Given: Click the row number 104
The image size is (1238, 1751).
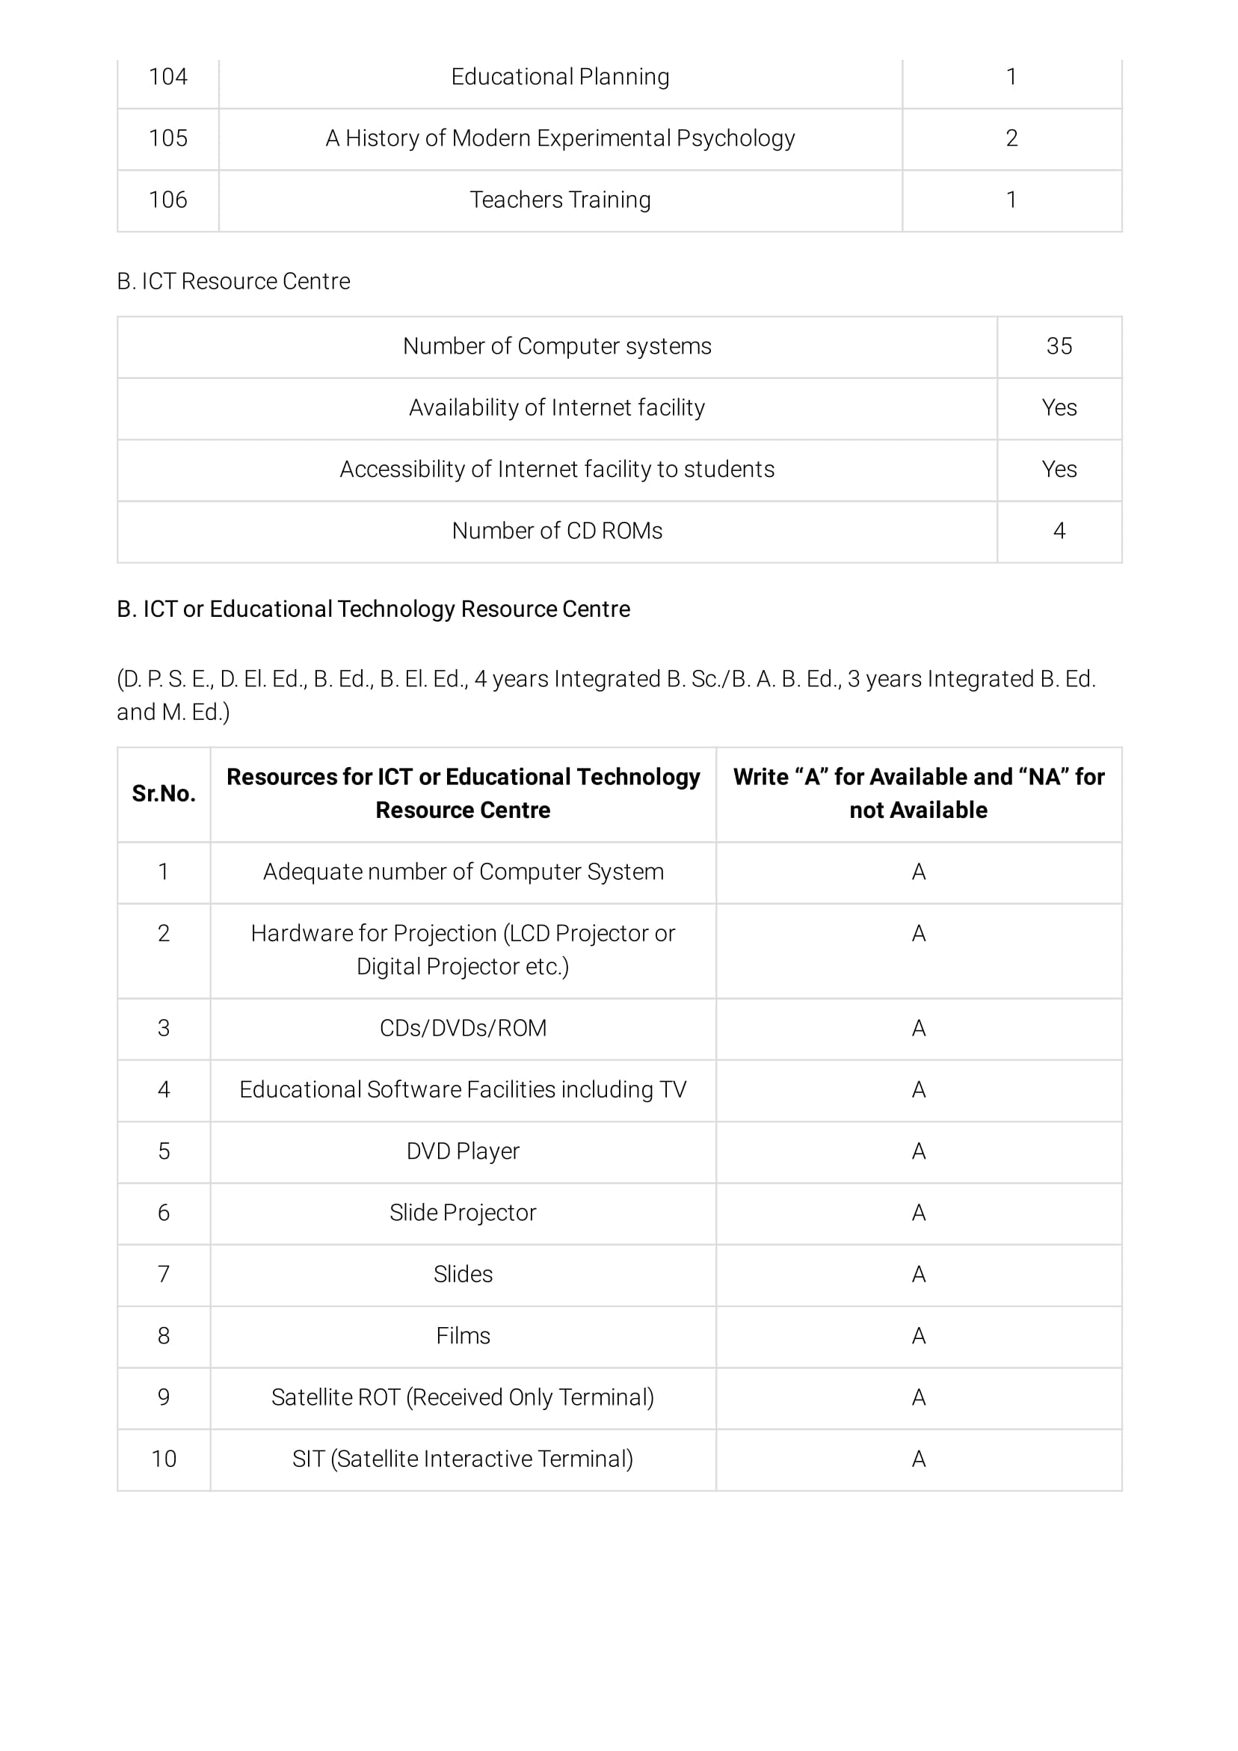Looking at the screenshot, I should (167, 77).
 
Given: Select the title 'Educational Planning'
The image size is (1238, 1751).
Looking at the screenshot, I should (560, 77).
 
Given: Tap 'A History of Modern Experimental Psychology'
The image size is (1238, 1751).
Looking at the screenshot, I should (560, 138).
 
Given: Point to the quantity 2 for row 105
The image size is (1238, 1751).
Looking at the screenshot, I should (1011, 138).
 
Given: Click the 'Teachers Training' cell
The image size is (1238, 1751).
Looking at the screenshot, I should (560, 200).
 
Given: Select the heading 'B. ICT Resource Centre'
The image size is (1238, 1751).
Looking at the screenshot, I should (233, 281).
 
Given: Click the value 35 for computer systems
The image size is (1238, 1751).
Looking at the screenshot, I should (1059, 346).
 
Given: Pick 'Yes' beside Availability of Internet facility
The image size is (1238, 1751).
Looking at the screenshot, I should (1059, 408).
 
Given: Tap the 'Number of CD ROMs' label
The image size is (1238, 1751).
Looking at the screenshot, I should (557, 531).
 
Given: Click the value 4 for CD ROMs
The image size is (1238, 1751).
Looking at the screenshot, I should (1059, 531).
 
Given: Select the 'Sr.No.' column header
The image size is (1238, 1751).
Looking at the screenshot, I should (164, 794).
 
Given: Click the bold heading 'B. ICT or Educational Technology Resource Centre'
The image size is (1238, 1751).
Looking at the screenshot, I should (373, 609).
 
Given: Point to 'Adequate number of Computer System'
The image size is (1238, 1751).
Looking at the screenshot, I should (463, 872).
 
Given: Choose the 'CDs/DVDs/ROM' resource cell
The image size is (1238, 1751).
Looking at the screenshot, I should (463, 1029).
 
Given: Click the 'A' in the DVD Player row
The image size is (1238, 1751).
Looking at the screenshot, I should (918, 1151).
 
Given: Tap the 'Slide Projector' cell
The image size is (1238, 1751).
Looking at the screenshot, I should (463, 1213).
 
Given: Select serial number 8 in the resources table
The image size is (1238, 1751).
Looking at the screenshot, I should (164, 1336).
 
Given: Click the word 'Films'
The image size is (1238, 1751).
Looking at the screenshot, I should (463, 1336).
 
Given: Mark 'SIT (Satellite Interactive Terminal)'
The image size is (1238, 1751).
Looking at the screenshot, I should (463, 1459).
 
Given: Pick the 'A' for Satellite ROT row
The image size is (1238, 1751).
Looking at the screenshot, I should (918, 1397).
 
